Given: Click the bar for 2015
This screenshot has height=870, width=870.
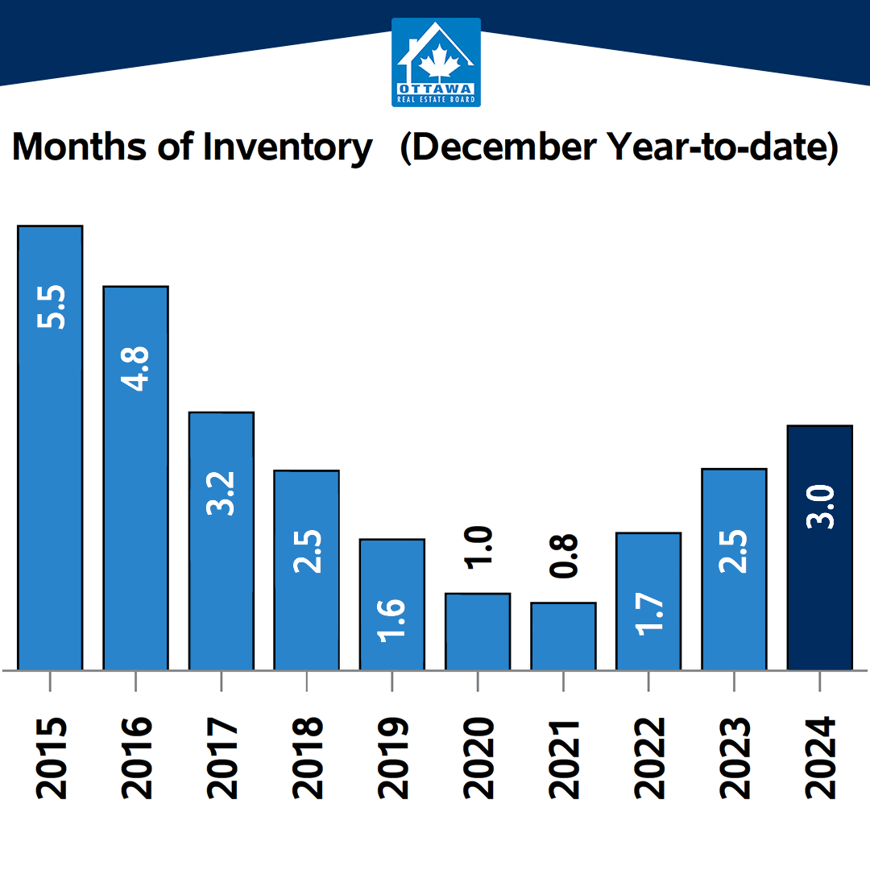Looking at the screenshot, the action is click(50, 448).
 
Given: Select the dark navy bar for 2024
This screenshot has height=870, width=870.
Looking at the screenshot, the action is click(819, 548).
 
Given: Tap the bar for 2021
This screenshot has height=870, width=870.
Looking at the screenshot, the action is click(563, 636).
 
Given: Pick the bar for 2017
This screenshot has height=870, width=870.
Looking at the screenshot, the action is click(222, 541).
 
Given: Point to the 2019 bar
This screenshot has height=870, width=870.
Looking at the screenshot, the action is click(392, 604).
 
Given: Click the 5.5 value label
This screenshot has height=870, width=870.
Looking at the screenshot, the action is click(51, 307).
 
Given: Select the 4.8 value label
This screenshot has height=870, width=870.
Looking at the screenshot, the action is click(135, 369).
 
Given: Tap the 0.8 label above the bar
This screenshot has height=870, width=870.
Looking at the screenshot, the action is click(563, 556).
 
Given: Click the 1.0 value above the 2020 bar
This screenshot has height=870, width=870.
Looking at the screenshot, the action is click(478, 547).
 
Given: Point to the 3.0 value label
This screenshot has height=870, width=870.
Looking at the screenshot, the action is click(820, 507).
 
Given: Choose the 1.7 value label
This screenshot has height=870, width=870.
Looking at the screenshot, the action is click(648, 614).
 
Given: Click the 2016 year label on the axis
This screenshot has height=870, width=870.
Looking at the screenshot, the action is click(136, 758).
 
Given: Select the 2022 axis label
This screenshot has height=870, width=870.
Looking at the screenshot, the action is click(648, 758).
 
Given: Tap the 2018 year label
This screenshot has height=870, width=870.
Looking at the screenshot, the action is click(307, 758).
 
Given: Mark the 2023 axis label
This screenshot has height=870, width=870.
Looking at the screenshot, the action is click(734, 758).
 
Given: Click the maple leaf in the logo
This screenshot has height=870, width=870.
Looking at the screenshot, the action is click(440, 61).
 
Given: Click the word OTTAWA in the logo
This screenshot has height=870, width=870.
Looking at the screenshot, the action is click(436, 89).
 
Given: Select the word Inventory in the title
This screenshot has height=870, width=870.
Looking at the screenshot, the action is click(288, 148).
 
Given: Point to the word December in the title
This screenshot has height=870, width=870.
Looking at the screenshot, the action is click(503, 147).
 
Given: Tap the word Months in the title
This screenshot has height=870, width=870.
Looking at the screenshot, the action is click(80, 147).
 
